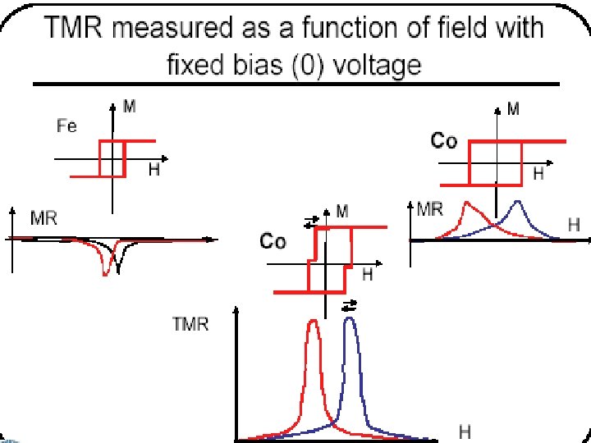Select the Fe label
pyautogui.click(x=66, y=126)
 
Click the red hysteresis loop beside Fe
pyautogui.click(x=112, y=158)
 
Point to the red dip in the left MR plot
pyautogui.click(x=105, y=267)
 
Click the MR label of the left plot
pyautogui.click(x=43, y=218)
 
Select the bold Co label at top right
pyautogui.click(x=444, y=141)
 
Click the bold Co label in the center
pyautogui.click(x=273, y=241)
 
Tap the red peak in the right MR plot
pyautogui.click(x=466, y=204)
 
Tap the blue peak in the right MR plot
pyautogui.click(x=516, y=204)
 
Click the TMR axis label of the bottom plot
pyautogui.click(x=190, y=324)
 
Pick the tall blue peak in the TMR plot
pyautogui.click(x=350, y=322)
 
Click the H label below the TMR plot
pyautogui.click(x=464, y=431)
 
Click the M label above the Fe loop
pyautogui.click(x=130, y=106)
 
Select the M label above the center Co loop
pyautogui.click(x=341, y=212)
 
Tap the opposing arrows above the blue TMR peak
pyautogui.click(x=349, y=304)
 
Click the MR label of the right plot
pyautogui.click(x=431, y=208)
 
